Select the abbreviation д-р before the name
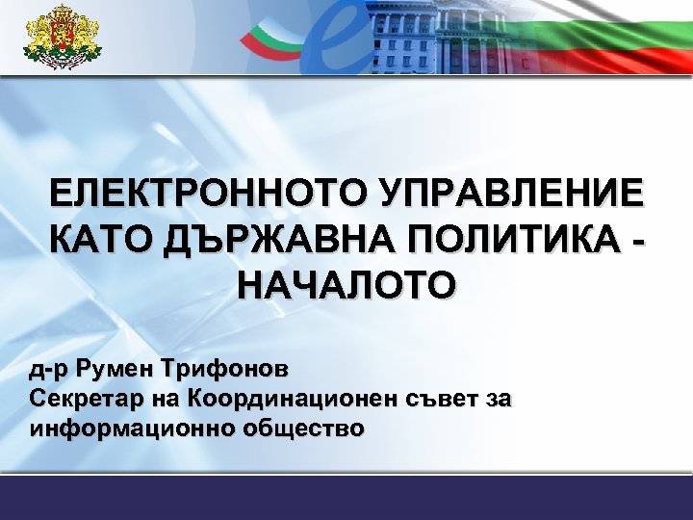tap(48, 369)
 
